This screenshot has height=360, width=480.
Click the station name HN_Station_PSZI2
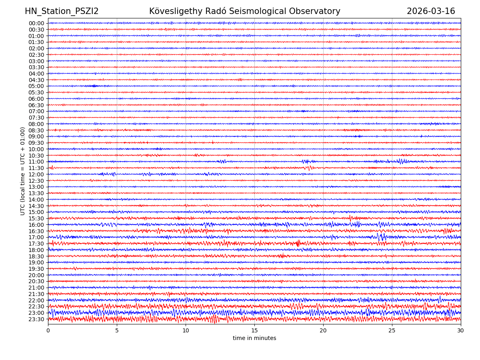click(x=62, y=11)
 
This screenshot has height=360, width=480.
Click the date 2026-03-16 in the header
click(x=431, y=11)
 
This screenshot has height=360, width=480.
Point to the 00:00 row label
click(x=36, y=23)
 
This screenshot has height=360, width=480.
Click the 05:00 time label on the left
click(x=36, y=86)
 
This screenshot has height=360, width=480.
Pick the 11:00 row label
click(x=36, y=162)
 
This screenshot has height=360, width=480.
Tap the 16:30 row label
click(x=36, y=231)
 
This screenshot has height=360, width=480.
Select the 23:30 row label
click(x=36, y=319)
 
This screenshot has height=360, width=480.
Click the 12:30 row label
click(x=36, y=181)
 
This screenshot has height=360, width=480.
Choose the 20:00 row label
click(x=36, y=275)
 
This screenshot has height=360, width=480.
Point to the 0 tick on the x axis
click(x=48, y=331)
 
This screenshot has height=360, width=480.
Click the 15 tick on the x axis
click(x=254, y=331)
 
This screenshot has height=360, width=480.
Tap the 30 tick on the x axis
click(x=461, y=331)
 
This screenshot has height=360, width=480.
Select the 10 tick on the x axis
click(x=186, y=331)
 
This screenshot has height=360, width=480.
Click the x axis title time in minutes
click(x=254, y=338)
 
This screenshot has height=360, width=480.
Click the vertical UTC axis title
click(x=23, y=171)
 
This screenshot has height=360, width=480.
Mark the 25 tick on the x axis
click(x=392, y=331)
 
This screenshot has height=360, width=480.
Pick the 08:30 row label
click(x=36, y=130)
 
